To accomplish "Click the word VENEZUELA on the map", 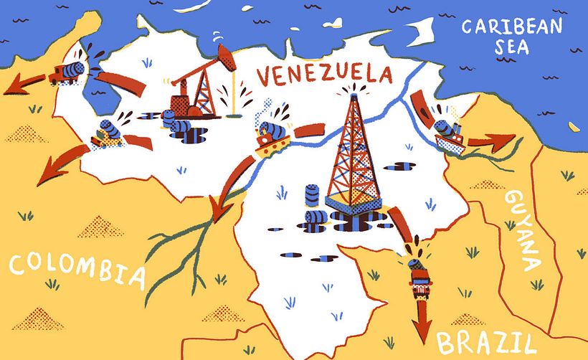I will pos(323,74).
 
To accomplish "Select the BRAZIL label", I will pos(485,342).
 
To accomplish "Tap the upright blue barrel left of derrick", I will pos(313,195).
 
